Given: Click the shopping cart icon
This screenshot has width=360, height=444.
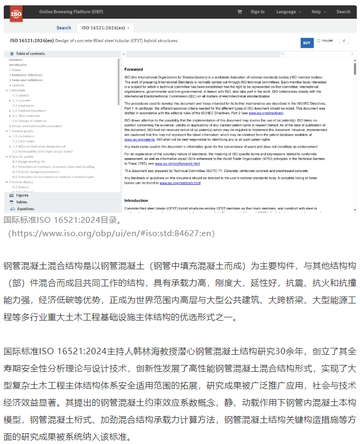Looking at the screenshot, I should click(x=239, y=11).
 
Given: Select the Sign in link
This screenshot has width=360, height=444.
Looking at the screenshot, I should click(x=257, y=11).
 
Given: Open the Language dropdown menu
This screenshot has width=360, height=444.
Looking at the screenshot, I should click(x=288, y=11).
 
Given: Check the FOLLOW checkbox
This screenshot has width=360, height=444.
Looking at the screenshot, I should click(x=319, y=41).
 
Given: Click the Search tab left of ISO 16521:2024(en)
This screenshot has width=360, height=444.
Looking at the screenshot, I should click(x=64, y=28).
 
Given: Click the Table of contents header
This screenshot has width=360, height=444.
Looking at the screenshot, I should click(x=30, y=53).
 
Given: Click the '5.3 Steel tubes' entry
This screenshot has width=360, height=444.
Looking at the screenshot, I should click(x=23, y=105).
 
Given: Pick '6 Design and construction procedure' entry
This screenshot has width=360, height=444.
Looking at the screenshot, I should click(x=36, y=126).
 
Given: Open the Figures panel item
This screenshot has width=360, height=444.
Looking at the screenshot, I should click(x=22, y=196).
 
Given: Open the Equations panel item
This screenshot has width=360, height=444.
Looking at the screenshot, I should click(x=25, y=209).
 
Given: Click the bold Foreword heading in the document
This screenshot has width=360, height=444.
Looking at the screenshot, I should click(x=134, y=69).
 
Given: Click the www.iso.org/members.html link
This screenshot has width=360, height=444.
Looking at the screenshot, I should click(x=185, y=183).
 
